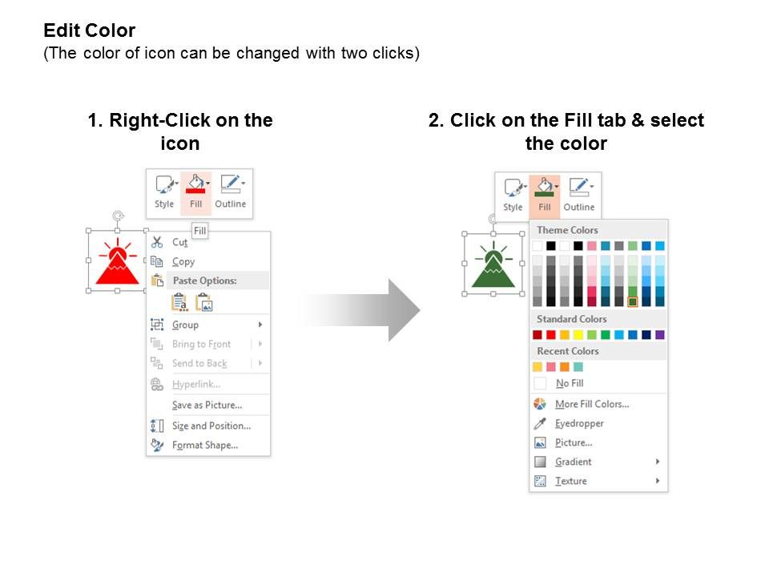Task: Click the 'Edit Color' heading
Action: tap(89, 30)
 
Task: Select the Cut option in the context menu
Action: tap(179, 242)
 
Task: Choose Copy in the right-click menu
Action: tap(183, 261)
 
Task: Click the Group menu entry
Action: tap(185, 325)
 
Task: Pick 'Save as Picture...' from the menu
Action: tap(207, 405)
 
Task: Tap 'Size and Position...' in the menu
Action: tap(211, 426)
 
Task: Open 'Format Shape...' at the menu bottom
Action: tap(205, 445)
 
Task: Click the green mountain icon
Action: tap(493, 265)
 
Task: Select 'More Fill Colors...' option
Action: tap(592, 404)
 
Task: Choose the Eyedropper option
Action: tap(579, 423)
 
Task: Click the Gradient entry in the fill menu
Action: tap(574, 462)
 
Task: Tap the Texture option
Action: tap(571, 481)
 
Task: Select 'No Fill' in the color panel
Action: tap(570, 383)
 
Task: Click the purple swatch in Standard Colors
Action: tap(659, 335)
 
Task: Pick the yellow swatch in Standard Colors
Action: tap(578, 335)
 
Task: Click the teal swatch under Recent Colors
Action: tap(578, 366)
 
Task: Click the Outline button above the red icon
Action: tap(231, 192)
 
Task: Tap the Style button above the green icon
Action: tap(513, 196)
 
